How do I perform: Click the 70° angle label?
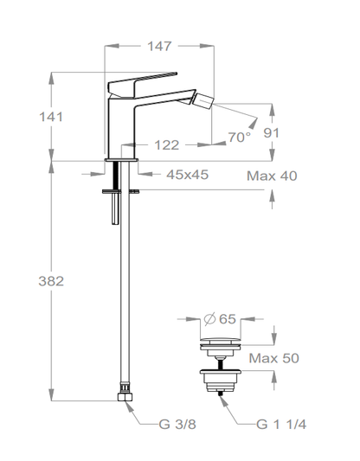(239, 137)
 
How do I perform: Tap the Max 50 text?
(273, 357)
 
